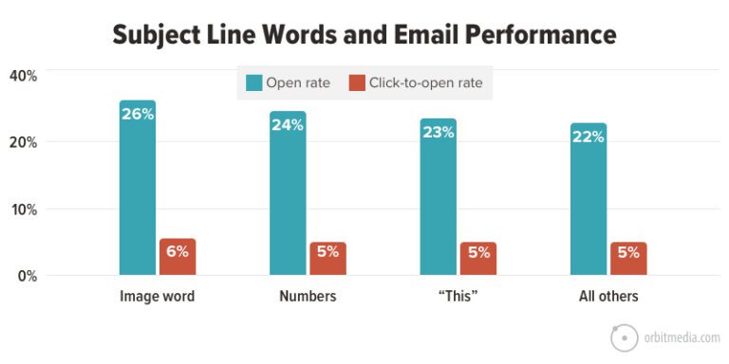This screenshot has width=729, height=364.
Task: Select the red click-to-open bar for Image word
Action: click(178, 258)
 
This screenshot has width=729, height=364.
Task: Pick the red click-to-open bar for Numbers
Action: click(327, 259)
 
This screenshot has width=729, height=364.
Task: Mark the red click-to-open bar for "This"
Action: click(477, 259)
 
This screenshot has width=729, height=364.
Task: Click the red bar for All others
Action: click(628, 259)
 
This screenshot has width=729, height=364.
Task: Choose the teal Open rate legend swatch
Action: click(252, 82)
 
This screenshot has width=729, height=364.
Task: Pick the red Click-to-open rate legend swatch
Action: click(357, 82)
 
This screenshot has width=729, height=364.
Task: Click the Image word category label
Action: click(158, 297)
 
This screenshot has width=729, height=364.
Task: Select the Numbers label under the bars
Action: click(308, 297)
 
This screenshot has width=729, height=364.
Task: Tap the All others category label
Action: click(608, 297)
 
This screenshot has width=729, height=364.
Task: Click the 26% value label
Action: click(138, 115)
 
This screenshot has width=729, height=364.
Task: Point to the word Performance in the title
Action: click(537, 35)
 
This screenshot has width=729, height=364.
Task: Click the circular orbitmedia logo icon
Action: click(624, 337)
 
